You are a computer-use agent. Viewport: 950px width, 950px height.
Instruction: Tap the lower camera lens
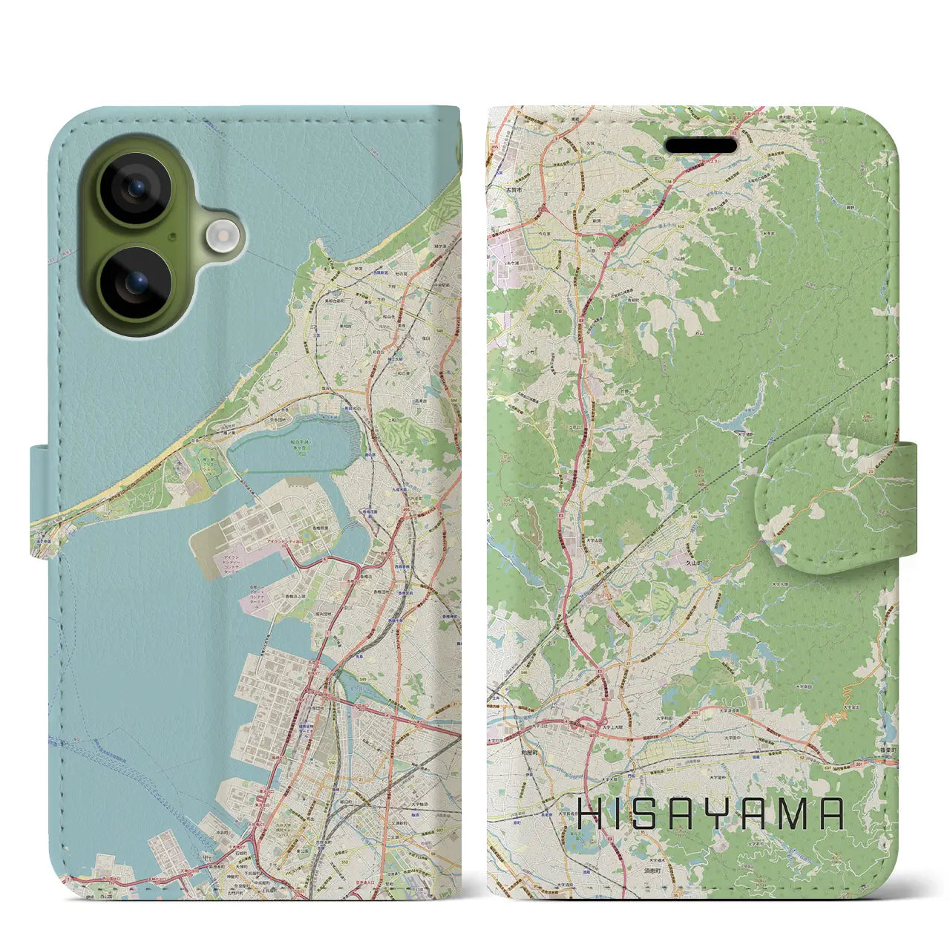pyautogui.click(x=135, y=283)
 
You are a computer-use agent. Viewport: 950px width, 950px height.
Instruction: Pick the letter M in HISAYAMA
pyautogui.click(x=792, y=814)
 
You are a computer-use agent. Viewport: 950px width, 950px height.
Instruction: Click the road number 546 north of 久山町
pyautogui.click(x=693, y=517)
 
